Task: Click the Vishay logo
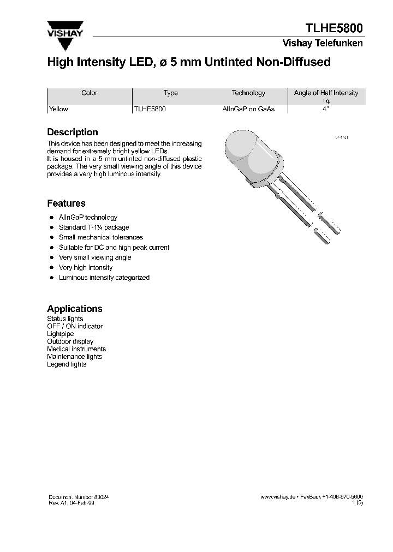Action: coord(64,29)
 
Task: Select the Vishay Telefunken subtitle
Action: coord(323,44)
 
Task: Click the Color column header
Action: coord(89,93)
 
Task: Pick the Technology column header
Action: coord(248,93)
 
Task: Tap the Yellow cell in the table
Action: coord(58,109)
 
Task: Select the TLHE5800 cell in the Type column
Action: coord(150,109)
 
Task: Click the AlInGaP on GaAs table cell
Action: coord(248,109)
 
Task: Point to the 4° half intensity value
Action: coord(326,109)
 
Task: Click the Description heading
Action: coord(73,132)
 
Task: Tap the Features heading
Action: coord(66,203)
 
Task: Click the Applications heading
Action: coord(75,309)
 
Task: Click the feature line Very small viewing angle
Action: coord(95,257)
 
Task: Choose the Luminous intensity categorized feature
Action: coord(104,278)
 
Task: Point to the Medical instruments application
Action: coord(76,349)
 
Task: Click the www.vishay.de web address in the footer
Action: coord(278,497)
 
